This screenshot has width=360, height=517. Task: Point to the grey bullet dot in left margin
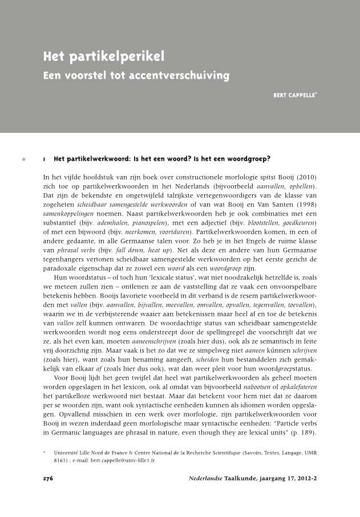pyautogui.click(x=24, y=159)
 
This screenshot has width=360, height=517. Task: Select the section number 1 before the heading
pyautogui.click(x=45, y=159)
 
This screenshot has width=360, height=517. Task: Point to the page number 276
pyautogui.click(x=48, y=479)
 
